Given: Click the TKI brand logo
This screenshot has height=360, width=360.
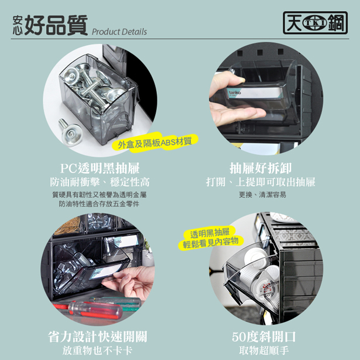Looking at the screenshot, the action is tap(316, 23).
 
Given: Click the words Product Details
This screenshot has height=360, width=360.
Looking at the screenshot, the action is tap(119, 32).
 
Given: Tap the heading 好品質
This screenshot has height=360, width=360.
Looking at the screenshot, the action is tap(56, 25).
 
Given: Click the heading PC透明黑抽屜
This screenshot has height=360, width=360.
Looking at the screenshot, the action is tap(100, 168).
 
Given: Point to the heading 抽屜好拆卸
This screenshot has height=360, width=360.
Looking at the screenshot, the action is tap(260, 168).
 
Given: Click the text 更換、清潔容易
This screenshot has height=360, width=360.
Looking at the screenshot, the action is tap(262, 195).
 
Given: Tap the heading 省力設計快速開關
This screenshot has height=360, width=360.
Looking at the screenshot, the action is tap(98, 337).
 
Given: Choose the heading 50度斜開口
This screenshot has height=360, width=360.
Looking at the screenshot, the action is tap(263, 337).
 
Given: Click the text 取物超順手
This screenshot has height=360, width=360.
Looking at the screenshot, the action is tap(264, 351).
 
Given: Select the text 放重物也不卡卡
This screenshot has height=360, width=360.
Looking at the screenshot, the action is tap(98, 351).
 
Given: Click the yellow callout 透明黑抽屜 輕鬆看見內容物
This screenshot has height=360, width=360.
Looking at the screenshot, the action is tap(210, 238).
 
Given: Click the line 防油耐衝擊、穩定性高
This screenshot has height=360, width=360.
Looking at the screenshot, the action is tap(100, 182).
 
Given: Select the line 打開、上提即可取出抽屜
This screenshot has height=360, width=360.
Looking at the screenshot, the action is tap(260, 182).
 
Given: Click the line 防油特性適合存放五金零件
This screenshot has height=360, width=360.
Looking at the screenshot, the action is tap(99, 204).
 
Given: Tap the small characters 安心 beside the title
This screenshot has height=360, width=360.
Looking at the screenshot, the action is tap(18, 25).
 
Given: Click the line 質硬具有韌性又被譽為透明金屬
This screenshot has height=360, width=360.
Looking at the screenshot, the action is tap(100, 195).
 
